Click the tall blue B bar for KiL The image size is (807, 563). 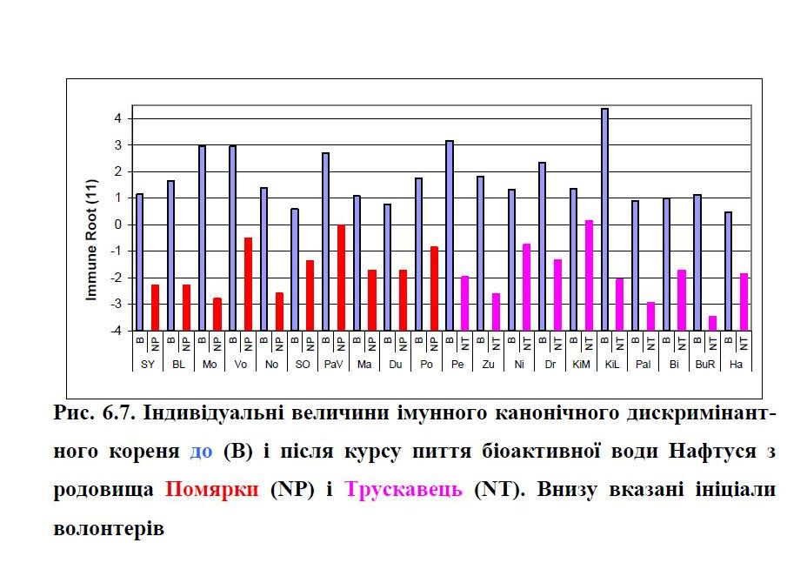pos(604,219)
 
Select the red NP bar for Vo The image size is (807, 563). pos(248,284)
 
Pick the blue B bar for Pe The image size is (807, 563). pos(450,235)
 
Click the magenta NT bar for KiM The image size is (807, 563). pos(589,275)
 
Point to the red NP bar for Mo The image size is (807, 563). pos(217,314)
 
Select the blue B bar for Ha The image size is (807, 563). pos(729,271)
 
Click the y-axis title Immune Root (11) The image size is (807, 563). pos(90,246)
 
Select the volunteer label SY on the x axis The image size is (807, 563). pos(148,364)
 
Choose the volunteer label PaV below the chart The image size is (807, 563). pos(333,364)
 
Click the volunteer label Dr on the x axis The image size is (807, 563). pos(550,364)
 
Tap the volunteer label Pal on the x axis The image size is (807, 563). pos(643,364)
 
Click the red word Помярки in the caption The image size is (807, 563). pos(212,489)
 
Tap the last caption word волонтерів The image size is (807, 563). pos(108,527)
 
